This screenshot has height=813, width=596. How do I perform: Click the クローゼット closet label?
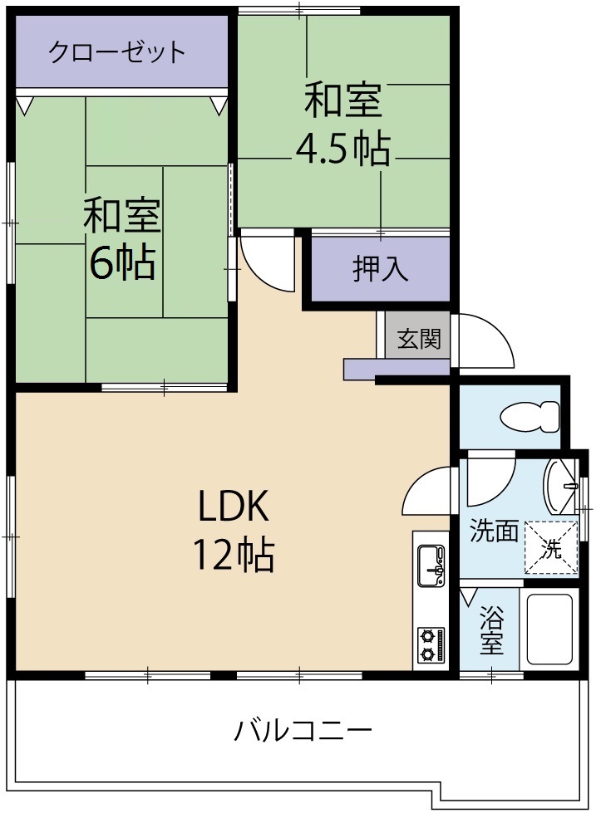pyautogui.click(x=116, y=51)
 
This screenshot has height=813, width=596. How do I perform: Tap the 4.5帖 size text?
pyautogui.click(x=343, y=149)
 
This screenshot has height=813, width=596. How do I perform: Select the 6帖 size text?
pyautogui.click(x=122, y=262)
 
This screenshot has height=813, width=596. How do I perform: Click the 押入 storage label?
pyautogui.click(x=381, y=269)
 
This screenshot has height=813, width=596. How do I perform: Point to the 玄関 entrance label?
pyautogui.click(x=418, y=338)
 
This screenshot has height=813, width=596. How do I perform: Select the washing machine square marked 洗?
pyautogui.click(x=551, y=546)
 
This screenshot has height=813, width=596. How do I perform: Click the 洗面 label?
pyautogui.click(x=494, y=531)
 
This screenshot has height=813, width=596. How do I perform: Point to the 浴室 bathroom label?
pyautogui.click(x=492, y=630)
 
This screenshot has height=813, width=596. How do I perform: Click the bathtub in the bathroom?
pyautogui.click(x=549, y=629)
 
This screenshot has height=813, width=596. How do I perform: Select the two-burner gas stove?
pyautogui.click(x=431, y=645)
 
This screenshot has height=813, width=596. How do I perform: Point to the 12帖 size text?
pyautogui.click(x=234, y=554)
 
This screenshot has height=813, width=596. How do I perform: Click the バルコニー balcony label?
pyautogui.click(x=302, y=731)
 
